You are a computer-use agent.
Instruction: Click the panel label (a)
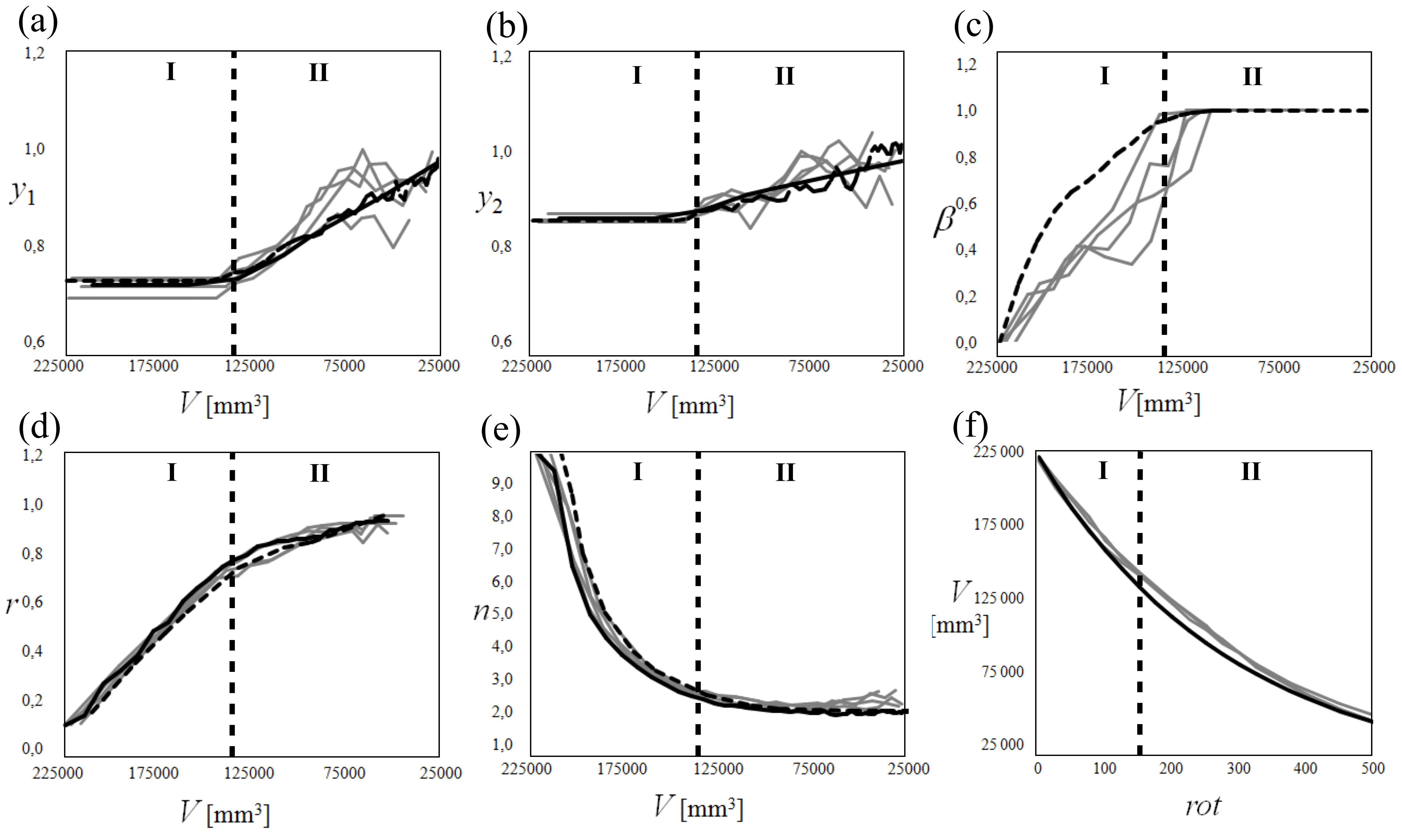pos(38,24)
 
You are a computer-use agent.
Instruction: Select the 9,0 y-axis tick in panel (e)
pos(502,483)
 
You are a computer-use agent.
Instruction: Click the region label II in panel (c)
pos(1252,76)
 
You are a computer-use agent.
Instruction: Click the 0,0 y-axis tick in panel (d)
pos(32,748)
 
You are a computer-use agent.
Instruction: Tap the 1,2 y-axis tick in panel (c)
pos(966,65)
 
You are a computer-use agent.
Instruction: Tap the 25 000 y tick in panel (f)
pos(1002,745)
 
